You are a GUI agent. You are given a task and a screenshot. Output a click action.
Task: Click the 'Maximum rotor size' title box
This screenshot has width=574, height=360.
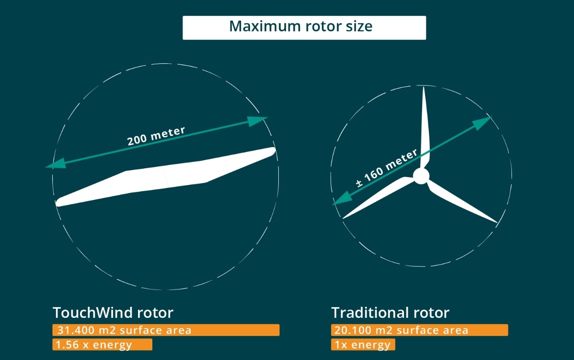click(x=304, y=27)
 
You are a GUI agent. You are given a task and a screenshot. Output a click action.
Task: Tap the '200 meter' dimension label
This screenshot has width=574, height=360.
click(x=156, y=136)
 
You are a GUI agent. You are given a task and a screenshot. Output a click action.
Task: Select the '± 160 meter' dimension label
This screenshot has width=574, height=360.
click(x=387, y=168)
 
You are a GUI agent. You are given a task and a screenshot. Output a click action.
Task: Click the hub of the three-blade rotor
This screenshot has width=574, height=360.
click(x=421, y=176)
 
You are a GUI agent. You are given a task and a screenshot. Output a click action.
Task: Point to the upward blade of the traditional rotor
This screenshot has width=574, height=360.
click(x=425, y=128)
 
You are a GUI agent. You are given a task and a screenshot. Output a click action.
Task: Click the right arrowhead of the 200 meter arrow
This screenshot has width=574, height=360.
click(x=257, y=121)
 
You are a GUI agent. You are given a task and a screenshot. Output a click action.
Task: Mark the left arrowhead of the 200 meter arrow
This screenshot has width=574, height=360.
click(x=56, y=163)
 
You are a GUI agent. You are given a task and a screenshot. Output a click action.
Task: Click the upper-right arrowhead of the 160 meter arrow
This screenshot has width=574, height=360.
click(x=482, y=123)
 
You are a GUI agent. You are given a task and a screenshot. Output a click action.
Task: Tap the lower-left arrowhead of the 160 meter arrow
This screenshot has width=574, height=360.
click(x=342, y=199)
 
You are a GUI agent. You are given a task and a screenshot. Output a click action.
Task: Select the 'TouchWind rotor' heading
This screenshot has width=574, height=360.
click(x=113, y=313)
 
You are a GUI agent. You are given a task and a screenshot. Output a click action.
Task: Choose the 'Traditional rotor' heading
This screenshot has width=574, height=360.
click(x=390, y=313)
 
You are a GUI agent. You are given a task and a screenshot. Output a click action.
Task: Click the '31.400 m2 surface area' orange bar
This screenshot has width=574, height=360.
click(x=166, y=330)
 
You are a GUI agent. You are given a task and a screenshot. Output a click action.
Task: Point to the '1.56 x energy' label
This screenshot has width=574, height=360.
click(x=102, y=345)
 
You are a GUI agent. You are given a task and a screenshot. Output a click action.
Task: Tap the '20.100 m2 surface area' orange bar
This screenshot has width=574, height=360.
click(x=420, y=330)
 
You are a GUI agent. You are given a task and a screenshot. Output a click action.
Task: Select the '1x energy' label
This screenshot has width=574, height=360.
click(x=363, y=345)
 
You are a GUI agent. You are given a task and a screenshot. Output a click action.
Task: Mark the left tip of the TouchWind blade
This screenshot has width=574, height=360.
click(x=58, y=203)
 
